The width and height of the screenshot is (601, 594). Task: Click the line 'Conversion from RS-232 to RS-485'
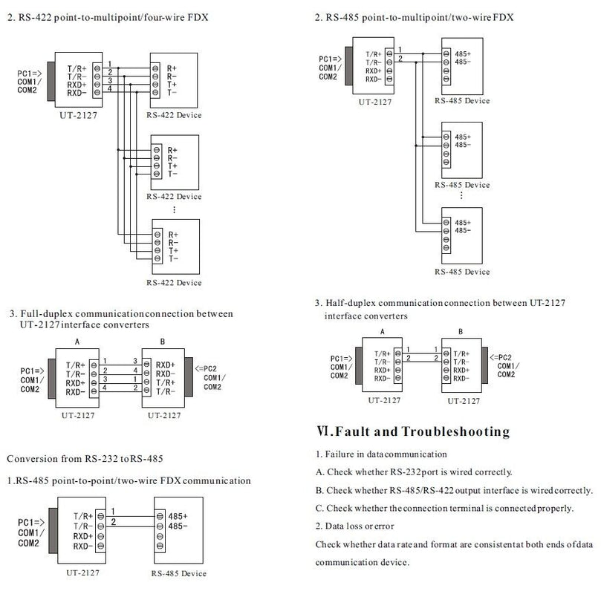click(x=85, y=458)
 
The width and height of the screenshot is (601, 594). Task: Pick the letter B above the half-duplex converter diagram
click(x=461, y=332)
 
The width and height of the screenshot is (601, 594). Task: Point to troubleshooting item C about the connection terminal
click(x=444, y=509)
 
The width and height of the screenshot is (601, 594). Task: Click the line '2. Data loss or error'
click(x=354, y=526)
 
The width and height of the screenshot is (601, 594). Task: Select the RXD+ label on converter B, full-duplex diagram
click(x=166, y=365)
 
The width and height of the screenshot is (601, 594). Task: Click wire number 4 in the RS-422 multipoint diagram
click(x=109, y=89)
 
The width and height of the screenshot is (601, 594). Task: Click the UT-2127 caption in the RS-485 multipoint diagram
click(x=374, y=102)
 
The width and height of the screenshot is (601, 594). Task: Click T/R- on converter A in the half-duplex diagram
click(x=382, y=361)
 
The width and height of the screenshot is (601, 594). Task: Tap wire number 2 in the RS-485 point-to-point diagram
click(x=113, y=523)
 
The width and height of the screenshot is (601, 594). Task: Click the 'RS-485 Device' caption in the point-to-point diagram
click(x=178, y=573)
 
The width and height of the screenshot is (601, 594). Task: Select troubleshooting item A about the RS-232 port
click(x=413, y=471)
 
